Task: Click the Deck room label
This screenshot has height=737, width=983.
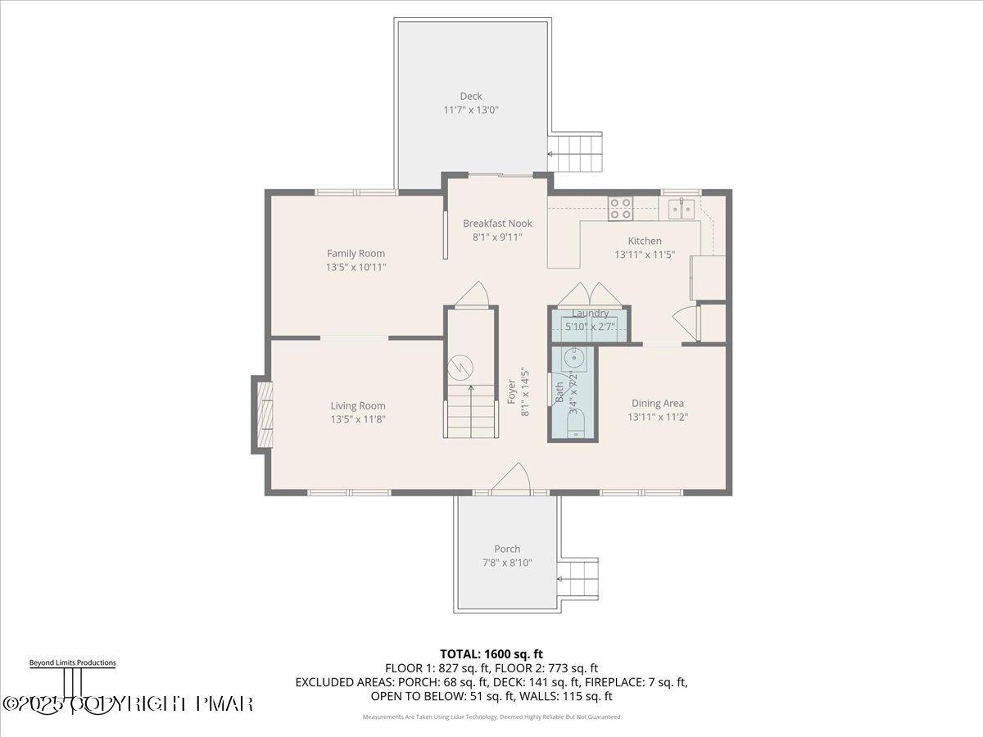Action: pos(470,97)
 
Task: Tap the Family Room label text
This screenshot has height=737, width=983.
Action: pos(356,254)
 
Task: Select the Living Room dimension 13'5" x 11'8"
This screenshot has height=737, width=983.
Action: pos(357,419)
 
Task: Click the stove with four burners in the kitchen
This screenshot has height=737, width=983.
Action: pos(620,208)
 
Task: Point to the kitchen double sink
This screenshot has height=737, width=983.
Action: pos(681,208)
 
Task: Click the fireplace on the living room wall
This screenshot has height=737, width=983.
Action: pos(263,414)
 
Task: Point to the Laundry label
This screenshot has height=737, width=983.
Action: pos(590,314)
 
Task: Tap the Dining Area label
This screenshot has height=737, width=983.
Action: pos(657,403)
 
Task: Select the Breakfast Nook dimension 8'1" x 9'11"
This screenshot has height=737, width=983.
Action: pos(497,237)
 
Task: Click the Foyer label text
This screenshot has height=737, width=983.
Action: pos(512,391)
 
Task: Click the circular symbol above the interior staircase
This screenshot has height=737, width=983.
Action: pos(464,364)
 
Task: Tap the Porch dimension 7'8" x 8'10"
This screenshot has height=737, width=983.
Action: pos(507,563)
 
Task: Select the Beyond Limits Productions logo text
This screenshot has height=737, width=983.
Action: pos(72,662)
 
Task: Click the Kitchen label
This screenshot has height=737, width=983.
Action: pos(645,241)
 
